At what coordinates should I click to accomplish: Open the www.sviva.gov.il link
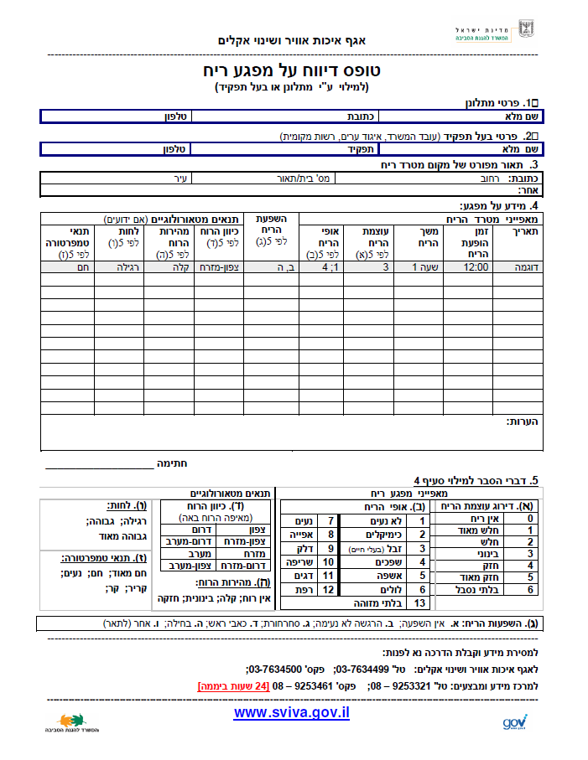(x=291, y=712)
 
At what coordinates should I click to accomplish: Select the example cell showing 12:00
(x=476, y=267)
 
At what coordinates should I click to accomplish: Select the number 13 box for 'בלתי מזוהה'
(x=420, y=602)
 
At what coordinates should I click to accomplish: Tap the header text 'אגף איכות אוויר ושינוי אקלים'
(x=295, y=40)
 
